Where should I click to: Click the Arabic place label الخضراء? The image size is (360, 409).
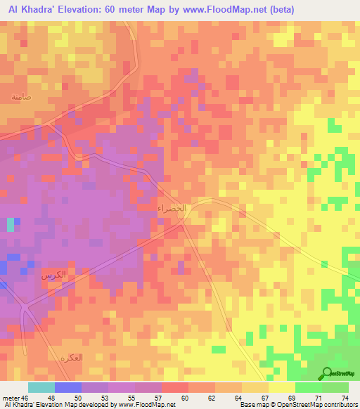coord(172,209)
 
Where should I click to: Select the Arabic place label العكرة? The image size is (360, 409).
coord(71,358)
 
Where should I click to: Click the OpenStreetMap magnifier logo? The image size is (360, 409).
coord(328,374)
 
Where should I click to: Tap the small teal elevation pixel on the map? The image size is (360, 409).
coord(10,225)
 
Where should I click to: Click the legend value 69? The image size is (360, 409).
coord(282,398)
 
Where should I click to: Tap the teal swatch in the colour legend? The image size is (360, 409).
coord(41,387)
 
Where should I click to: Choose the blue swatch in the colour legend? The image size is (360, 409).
coord(68,387)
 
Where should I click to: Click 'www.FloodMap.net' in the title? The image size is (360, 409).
coord(226,9)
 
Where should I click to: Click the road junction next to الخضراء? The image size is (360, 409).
coord(184,218)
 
